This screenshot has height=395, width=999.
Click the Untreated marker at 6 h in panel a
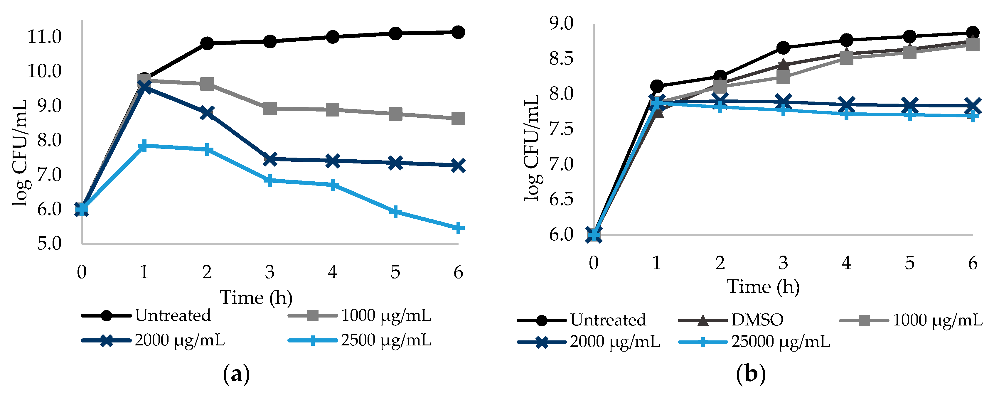coord(458,32)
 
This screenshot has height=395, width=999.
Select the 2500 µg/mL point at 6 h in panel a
coord(458,228)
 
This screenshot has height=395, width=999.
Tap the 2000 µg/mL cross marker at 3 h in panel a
coord(270,159)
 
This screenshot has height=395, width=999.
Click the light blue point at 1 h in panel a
coord(144,146)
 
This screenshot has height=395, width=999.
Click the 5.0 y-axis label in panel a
coord(49,244)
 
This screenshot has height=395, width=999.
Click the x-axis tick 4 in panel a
coord(332,272)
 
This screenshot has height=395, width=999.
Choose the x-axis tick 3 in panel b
coord(783,263)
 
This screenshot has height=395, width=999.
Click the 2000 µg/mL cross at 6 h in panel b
coord(973,105)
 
